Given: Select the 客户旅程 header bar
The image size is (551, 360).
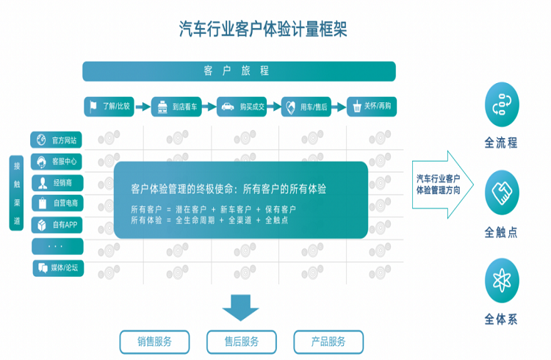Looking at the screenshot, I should coord(239,71).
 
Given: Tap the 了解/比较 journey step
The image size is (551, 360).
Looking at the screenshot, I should coord(108,107).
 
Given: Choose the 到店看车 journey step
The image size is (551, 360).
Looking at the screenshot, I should coord(176,107).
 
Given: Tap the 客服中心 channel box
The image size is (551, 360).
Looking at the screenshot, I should coord(57,161).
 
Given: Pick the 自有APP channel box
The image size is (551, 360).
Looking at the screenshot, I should coord(57,225).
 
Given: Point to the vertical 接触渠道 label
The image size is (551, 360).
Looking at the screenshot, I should coord(17,193).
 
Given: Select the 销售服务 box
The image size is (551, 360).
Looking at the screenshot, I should coord(154,342).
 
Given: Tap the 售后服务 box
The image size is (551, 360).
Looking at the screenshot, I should coord(241,342).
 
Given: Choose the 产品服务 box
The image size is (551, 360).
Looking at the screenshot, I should coord(328,342).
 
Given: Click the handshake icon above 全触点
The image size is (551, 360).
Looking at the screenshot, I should coord(503,192).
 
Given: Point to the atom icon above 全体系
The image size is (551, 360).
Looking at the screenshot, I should coord(503,279).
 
